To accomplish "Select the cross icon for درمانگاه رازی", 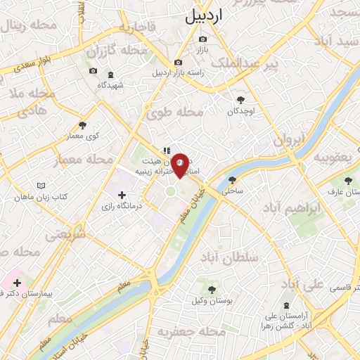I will coord(122,195).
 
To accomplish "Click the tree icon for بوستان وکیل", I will coord(212,289).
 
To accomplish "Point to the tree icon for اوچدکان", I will coord(241,100).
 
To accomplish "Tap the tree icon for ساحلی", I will coord(232,179).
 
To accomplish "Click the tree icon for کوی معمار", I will coord(83,125).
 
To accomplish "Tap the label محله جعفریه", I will coord(186,331).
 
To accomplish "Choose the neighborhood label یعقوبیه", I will coord(332,155).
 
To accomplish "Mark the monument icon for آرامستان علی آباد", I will coord(286,306).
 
